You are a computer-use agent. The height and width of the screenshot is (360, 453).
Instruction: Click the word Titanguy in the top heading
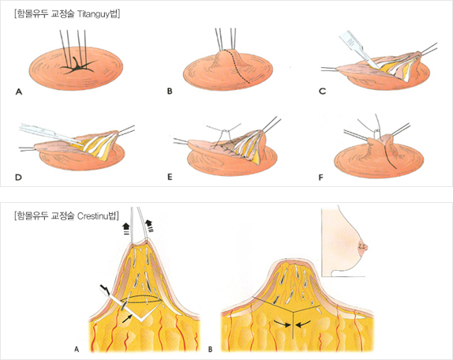[x=94, y=14]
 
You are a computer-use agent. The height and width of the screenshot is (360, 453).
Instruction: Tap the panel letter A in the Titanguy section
[x=19, y=92]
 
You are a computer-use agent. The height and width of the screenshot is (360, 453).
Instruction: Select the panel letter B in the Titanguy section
[x=170, y=92]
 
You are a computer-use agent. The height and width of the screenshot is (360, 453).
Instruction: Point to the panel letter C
[x=323, y=92]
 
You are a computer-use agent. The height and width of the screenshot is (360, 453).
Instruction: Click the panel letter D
[x=18, y=177]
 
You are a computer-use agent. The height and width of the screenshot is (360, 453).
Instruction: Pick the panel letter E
[x=170, y=177]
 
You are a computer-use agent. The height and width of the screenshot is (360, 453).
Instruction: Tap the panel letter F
[x=320, y=177]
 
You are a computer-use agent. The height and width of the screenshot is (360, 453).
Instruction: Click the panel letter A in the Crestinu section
[x=77, y=349]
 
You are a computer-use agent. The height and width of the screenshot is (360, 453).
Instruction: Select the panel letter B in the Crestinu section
[x=210, y=349]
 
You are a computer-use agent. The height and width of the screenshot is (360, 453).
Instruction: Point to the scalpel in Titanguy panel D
[x=49, y=133]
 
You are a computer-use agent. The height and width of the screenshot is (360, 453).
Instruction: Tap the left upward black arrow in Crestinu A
[x=126, y=228]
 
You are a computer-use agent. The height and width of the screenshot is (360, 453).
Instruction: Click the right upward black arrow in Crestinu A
[x=149, y=226]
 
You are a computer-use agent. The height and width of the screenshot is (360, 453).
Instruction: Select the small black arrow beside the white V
[x=127, y=318]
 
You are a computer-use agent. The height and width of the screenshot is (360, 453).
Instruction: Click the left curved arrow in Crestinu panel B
[x=282, y=323]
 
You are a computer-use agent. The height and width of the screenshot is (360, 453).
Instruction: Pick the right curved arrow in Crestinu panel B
[x=303, y=323]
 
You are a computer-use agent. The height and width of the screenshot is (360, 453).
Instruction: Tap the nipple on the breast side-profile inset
[x=365, y=247]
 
